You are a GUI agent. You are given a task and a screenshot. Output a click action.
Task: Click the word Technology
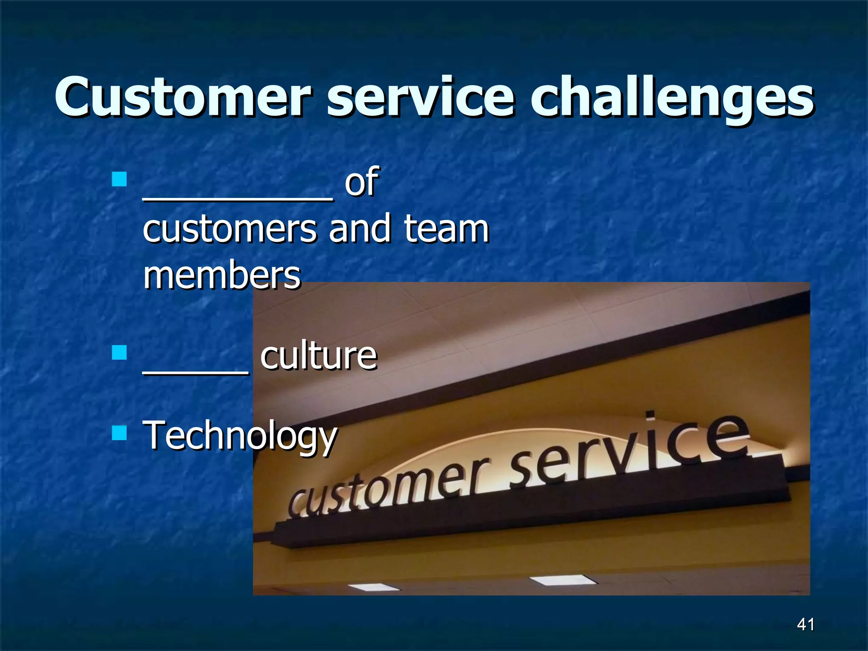pyautogui.click(x=240, y=437)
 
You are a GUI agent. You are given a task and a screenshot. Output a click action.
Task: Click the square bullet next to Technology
pyautogui.click(x=120, y=433)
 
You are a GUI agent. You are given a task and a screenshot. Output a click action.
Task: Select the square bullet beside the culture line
pyautogui.click(x=120, y=352)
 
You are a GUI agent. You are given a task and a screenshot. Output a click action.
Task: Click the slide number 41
pyautogui.click(x=805, y=624)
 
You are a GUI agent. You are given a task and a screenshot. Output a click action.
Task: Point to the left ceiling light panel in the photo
pyautogui.click(x=373, y=587)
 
